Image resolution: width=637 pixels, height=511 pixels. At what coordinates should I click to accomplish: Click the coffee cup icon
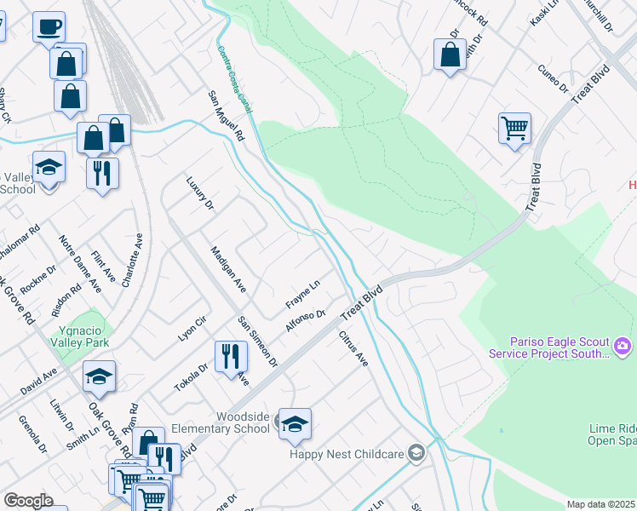tap(49, 26)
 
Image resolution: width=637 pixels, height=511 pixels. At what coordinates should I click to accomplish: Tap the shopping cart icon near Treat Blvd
tap(514, 129)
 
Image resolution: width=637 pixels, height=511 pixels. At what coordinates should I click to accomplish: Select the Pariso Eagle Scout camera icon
tap(623, 346)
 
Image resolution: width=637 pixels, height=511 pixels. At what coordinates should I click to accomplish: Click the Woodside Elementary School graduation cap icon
tap(295, 424)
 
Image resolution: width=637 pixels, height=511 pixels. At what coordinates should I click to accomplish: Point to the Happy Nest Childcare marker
tap(416, 453)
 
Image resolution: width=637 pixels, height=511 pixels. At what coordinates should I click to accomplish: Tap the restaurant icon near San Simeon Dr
tap(230, 356)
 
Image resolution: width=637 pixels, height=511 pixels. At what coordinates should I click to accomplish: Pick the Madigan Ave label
tap(227, 269)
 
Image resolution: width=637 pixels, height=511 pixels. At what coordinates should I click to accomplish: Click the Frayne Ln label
tap(302, 294)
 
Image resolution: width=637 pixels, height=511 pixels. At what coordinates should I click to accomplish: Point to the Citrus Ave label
tap(353, 349)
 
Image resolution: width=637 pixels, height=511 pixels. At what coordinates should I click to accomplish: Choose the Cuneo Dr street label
tap(553, 78)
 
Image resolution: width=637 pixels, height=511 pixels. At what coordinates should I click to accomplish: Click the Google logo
tap(28, 501)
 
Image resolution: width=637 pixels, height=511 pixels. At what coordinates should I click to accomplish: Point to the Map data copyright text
tap(600, 504)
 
